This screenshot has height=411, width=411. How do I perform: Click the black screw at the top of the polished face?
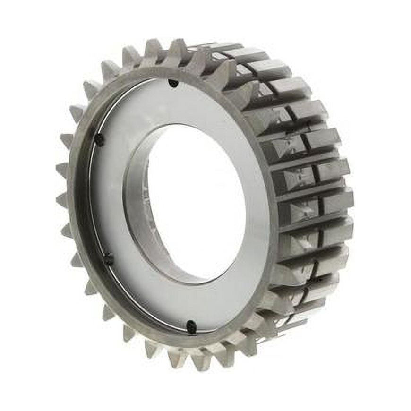pyautogui.click(x=173, y=83)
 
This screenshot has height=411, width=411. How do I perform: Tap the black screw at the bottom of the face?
pyautogui.click(x=191, y=326)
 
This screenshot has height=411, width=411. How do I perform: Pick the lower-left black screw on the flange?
pyautogui.click(x=108, y=258)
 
